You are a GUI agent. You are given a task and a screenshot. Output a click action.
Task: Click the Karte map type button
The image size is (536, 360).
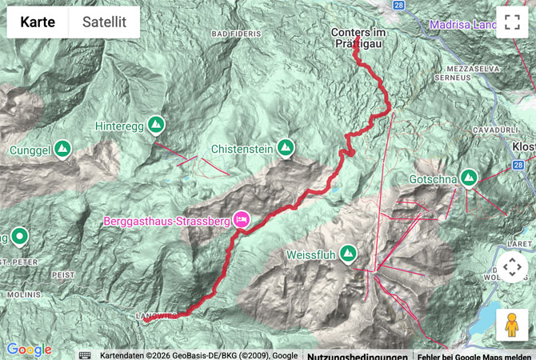38,22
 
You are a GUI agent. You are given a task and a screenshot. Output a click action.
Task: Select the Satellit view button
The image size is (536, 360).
104,22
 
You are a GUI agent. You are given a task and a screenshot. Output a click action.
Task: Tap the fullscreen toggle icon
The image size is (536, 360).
512,22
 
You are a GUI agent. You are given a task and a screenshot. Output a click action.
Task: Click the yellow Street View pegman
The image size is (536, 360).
512,325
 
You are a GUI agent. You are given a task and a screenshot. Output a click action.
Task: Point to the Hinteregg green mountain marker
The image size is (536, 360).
156,125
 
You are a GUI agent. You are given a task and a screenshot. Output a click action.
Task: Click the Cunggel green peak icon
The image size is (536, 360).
62,149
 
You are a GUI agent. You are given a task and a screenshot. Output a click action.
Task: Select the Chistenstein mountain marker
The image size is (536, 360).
285,148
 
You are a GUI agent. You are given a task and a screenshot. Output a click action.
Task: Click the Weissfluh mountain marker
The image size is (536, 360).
348,255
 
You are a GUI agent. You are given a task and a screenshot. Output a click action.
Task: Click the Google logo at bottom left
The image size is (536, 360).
29,350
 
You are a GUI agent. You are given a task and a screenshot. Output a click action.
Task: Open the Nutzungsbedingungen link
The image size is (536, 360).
357,355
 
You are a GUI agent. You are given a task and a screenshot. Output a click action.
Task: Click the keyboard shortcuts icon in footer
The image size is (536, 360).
86,355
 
